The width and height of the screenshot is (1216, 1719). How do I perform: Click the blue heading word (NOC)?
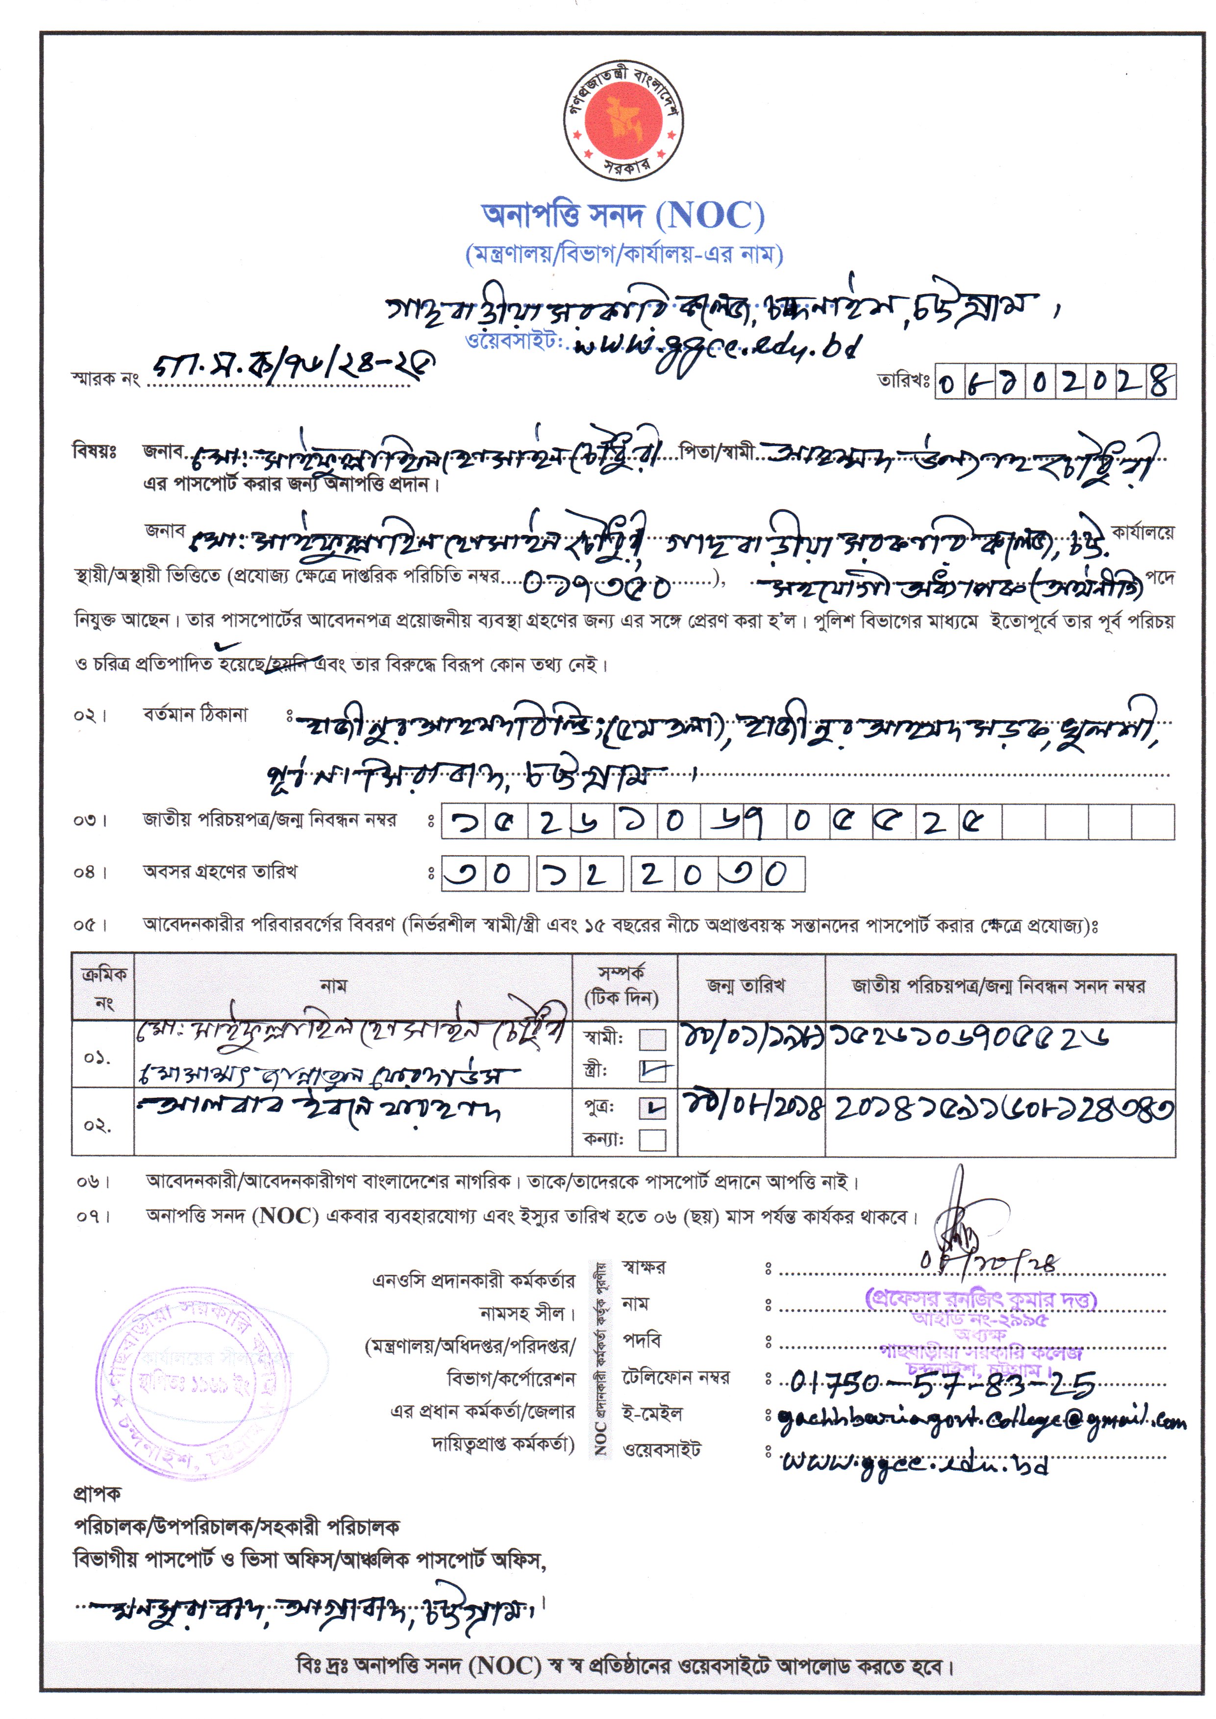point(710,216)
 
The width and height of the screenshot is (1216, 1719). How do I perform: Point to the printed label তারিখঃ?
point(904,381)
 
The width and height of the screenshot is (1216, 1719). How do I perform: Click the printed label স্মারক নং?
point(105,379)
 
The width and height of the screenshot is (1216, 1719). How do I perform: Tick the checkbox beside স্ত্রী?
point(652,1073)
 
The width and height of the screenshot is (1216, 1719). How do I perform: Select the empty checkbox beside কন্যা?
point(652,1140)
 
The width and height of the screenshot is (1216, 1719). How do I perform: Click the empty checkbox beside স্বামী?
point(652,1039)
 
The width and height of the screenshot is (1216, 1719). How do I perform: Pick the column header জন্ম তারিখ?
point(746,986)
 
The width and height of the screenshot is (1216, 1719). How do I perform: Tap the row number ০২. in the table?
point(98,1126)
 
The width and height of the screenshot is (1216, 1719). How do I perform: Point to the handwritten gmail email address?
point(981,1418)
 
